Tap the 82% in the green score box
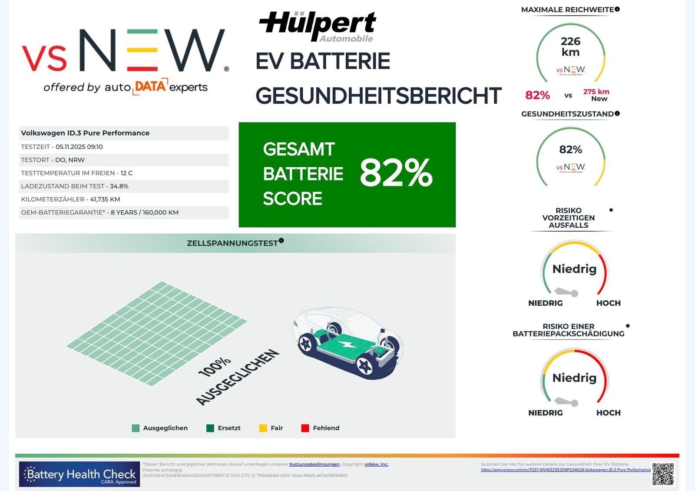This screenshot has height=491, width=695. point(396,173)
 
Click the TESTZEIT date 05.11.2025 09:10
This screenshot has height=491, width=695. point(79,147)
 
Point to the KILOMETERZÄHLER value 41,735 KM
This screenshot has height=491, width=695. point(105,199)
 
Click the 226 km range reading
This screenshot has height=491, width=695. point(570,46)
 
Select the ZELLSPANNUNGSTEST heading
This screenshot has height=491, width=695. point(232,243)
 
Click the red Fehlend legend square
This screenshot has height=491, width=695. point(305,428)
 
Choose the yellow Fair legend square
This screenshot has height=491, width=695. point(263,428)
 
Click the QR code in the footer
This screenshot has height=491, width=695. point(663,474)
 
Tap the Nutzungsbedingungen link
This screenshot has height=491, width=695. point(314,464)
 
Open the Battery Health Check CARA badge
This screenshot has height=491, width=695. point(79,474)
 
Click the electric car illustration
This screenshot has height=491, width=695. point(347,343)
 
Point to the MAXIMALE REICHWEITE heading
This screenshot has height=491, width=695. point(567,10)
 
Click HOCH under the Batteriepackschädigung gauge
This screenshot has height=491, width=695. point(608,413)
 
